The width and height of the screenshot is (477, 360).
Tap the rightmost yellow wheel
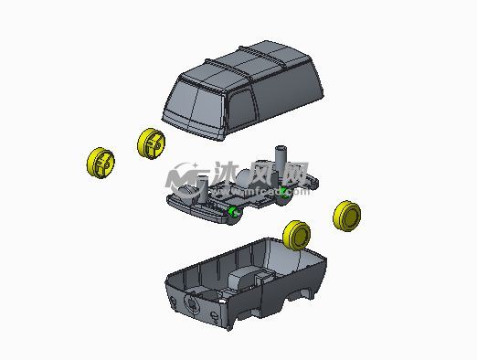(x=348, y=216)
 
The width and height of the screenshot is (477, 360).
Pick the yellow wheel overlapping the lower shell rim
(x=297, y=234)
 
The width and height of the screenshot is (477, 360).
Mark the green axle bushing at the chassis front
(x=235, y=213)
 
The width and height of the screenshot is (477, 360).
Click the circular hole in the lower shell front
(x=192, y=303)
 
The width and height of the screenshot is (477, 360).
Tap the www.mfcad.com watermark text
(x=247, y=192)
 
